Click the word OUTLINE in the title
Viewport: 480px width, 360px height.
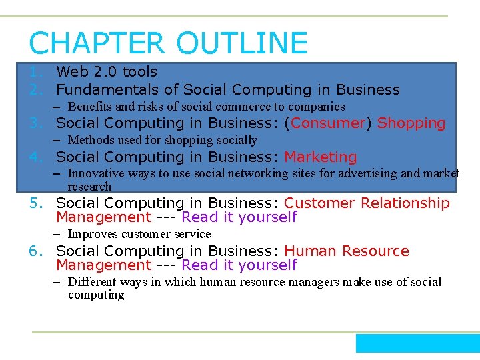pos(242,43)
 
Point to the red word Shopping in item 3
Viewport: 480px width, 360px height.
pos(411,123)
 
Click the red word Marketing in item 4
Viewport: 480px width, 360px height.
pos(321,157)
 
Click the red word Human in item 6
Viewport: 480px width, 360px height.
pos(311,251)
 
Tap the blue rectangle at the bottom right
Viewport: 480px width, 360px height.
pos(417,343)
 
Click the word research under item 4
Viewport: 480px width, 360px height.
pos(89,187)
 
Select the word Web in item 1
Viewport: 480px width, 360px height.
pos(70,72)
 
